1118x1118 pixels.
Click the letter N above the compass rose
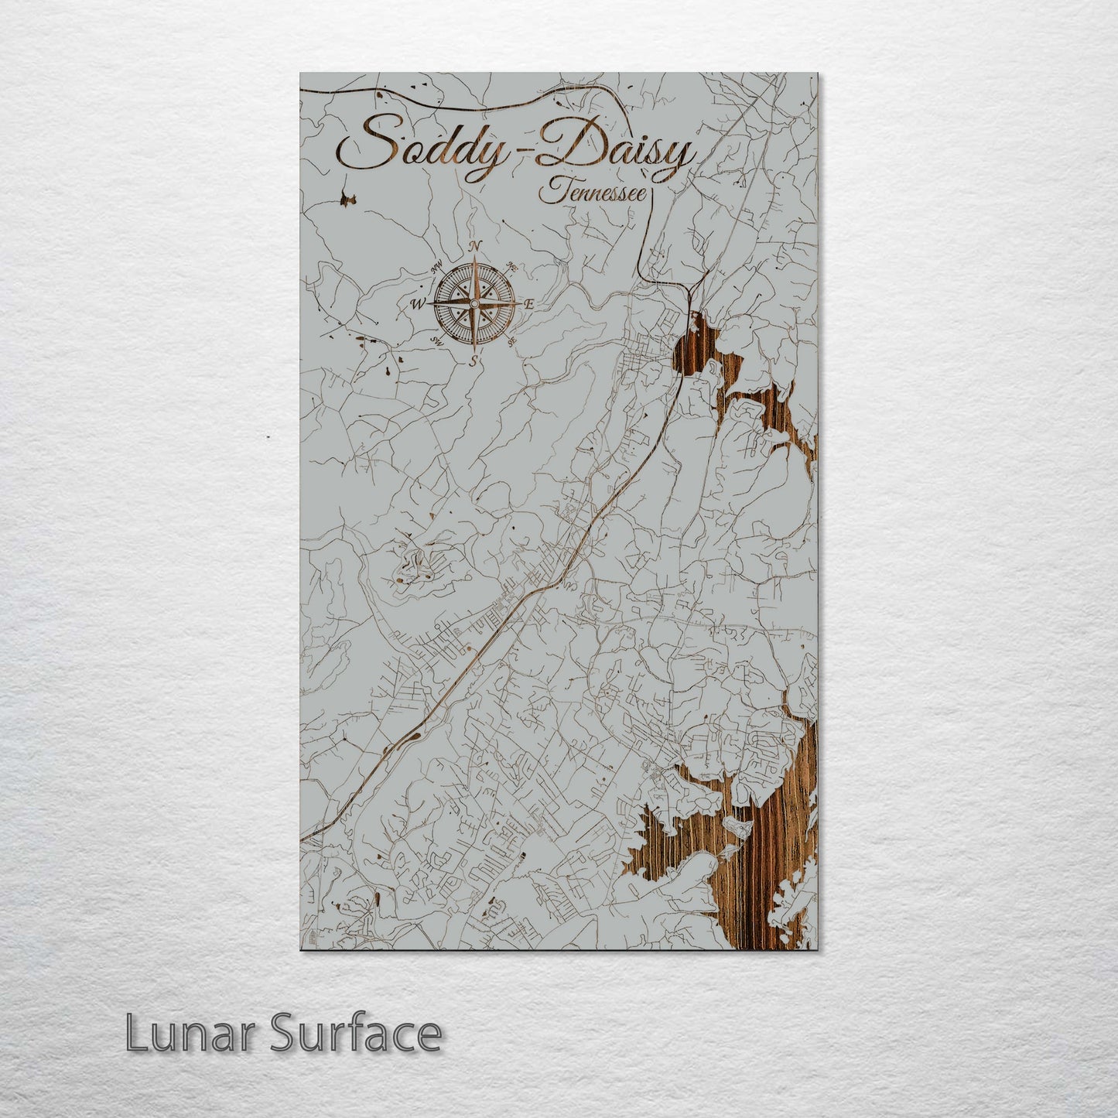(x=476, y=246)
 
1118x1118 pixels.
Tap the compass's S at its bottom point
(x=474, y=360)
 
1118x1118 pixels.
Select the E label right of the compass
(x=529, y=304)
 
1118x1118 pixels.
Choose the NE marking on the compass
(x=510, y=267)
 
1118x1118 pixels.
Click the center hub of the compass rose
(x=473, y=303)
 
